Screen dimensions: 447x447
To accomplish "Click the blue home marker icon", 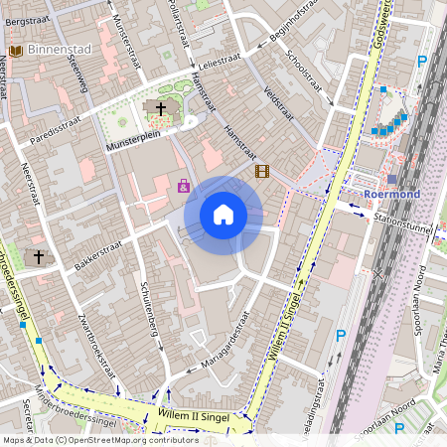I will tap(223, 214).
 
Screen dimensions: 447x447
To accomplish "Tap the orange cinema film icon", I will tap(262, 171).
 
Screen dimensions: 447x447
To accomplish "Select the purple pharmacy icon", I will tap(184, 185).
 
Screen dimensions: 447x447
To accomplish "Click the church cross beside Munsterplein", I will tap(161, 106).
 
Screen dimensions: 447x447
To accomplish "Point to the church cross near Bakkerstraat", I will tap(40, 257).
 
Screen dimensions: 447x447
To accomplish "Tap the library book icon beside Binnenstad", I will tap(15, 50).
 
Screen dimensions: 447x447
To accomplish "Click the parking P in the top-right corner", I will tap(423, 61).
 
